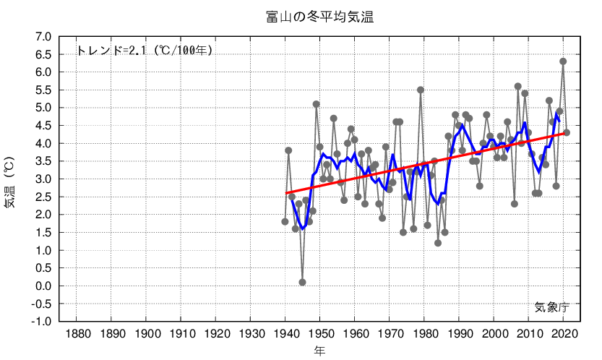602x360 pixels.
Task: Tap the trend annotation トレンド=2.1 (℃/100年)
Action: point(144,51)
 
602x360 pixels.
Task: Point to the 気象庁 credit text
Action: point(552,307)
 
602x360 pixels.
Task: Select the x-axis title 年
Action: point(319,351)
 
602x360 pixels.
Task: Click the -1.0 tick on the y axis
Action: point(41,322)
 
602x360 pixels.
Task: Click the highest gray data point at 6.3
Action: point(563,61)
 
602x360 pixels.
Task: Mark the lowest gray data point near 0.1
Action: point(302,282)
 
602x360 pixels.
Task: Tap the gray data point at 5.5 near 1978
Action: point(421,90)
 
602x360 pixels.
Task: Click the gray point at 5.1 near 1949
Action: point(316,104)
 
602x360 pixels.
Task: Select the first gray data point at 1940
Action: point(285,222)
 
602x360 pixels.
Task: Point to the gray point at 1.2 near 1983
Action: point(438,243)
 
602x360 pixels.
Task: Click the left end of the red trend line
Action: point(286,193)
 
